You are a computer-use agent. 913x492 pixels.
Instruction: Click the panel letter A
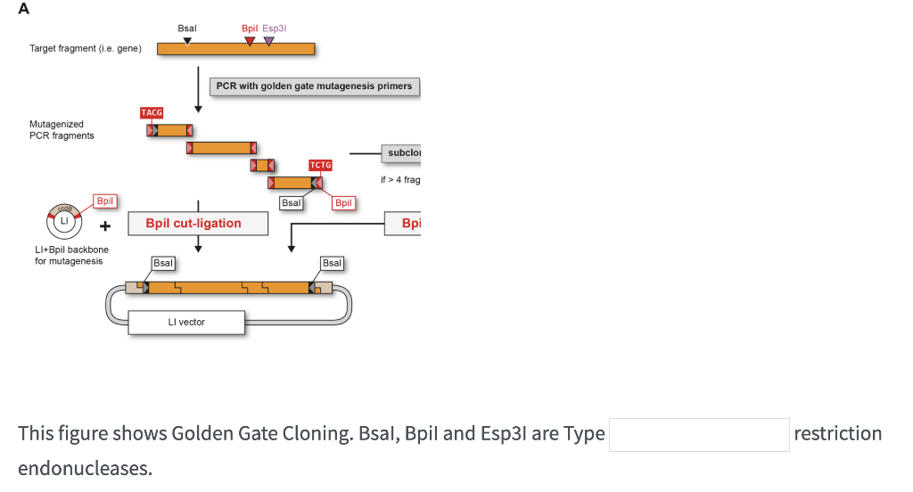23,9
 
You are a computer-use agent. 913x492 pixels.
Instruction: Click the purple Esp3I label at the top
275,29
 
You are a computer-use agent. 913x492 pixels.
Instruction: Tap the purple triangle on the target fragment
269,40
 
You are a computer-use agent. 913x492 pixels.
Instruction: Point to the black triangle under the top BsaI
186,40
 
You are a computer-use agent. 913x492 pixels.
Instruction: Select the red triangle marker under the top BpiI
250,40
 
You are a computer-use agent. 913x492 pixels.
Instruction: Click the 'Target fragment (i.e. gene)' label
86,48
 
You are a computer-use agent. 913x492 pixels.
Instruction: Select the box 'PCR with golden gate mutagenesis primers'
315,86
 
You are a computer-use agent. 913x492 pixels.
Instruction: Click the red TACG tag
152,112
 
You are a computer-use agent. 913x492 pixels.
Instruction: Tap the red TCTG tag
320,165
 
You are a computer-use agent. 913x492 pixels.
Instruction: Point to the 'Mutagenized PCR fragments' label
61,130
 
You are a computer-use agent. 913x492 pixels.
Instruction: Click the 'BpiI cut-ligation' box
198,223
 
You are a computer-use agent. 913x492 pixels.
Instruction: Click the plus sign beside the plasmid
104,224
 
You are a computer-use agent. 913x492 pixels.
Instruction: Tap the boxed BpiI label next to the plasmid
105,201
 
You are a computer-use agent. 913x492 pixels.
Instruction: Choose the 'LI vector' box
186,322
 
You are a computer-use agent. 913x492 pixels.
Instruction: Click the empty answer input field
699,434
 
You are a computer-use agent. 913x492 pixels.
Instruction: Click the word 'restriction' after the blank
837,434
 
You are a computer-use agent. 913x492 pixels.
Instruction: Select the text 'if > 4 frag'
399,180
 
